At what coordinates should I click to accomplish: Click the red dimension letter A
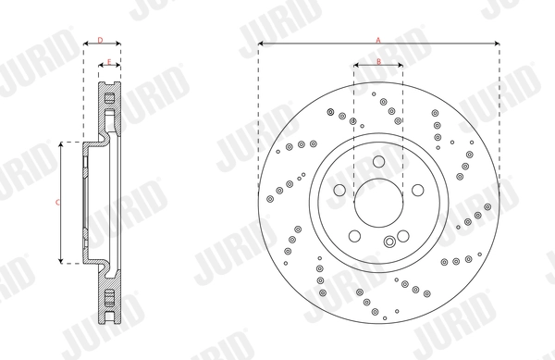[x=377, y=40]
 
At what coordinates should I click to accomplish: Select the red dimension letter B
[x=378, y=61]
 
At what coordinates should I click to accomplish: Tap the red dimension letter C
[x=57, y=201]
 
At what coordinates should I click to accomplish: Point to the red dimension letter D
[x=100, y=40]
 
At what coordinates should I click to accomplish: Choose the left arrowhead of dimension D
[x=86, y=44]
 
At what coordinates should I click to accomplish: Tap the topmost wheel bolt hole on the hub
[x=378, y=162]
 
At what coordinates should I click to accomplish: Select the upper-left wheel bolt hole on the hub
[x=340, y=190]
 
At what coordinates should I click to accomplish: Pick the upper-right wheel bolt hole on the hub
[x=416, y=190]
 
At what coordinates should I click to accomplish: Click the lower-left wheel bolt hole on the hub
[x=355, y=234]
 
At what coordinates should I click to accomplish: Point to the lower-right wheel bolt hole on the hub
[x=402, y=234]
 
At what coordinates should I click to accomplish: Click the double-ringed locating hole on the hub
[x=390, y=242]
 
